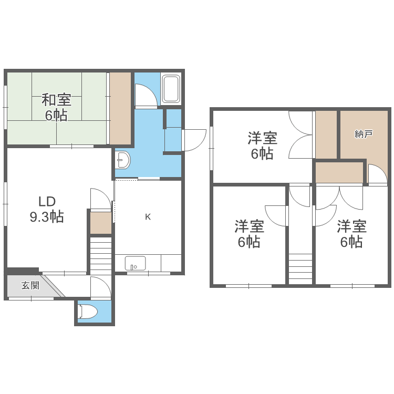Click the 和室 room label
pyautogui.click(x=56, y=99)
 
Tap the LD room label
pyautogui.click(x=47, y=201)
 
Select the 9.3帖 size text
pyautogui.click(x=47, y=216)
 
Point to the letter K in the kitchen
pyautogui.click(x=148, y=216)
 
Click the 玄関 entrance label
pyautogui.click(x=30, y=286)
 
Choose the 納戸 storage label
pyautogui.click(x=364, y=134)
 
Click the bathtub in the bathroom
pyautogui.click(x=171, y=89)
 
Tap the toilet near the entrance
pyautogui.click(x=88, y=312)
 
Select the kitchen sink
pyautogui.click(x=135, y=263)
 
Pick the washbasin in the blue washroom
pyautogui.click(x=123, y=160)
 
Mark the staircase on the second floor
pyautogui.click(x=300, y=268)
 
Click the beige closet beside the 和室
pyautogui.click(x=120, y=108)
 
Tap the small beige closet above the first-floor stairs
pyautogui.click(x=100, y=223)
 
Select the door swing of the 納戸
pyautogui.click(x=375, y=174)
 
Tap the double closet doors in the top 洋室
pyautogui.click(x=300, y=135)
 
